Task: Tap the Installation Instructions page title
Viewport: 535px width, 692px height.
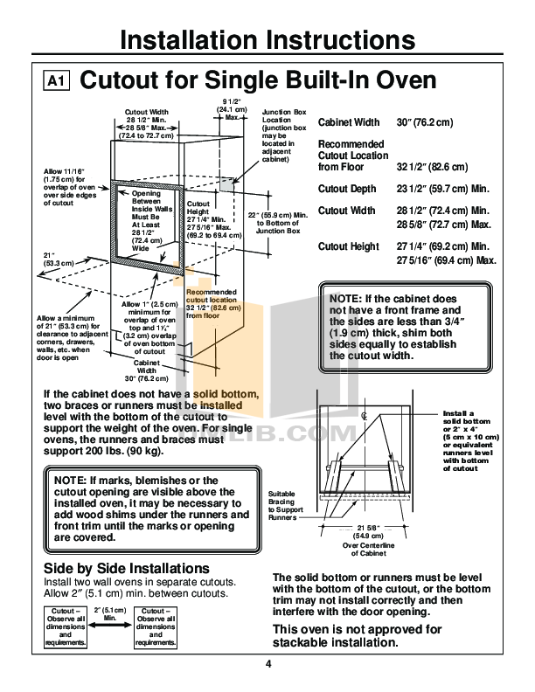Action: point(267,41)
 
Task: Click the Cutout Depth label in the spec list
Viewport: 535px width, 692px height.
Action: point(347,189)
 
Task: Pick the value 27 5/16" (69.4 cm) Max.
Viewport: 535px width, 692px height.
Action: point(446,260)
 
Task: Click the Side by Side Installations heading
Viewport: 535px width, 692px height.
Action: point(126,569)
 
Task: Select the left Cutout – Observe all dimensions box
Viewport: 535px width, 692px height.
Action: point(66,626)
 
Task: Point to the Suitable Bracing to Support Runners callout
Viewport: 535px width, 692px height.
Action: point(289,506)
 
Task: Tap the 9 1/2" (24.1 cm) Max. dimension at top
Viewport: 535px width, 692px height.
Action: point(232,109)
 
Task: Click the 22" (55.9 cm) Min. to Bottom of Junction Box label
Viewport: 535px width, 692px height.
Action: point(277,222)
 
